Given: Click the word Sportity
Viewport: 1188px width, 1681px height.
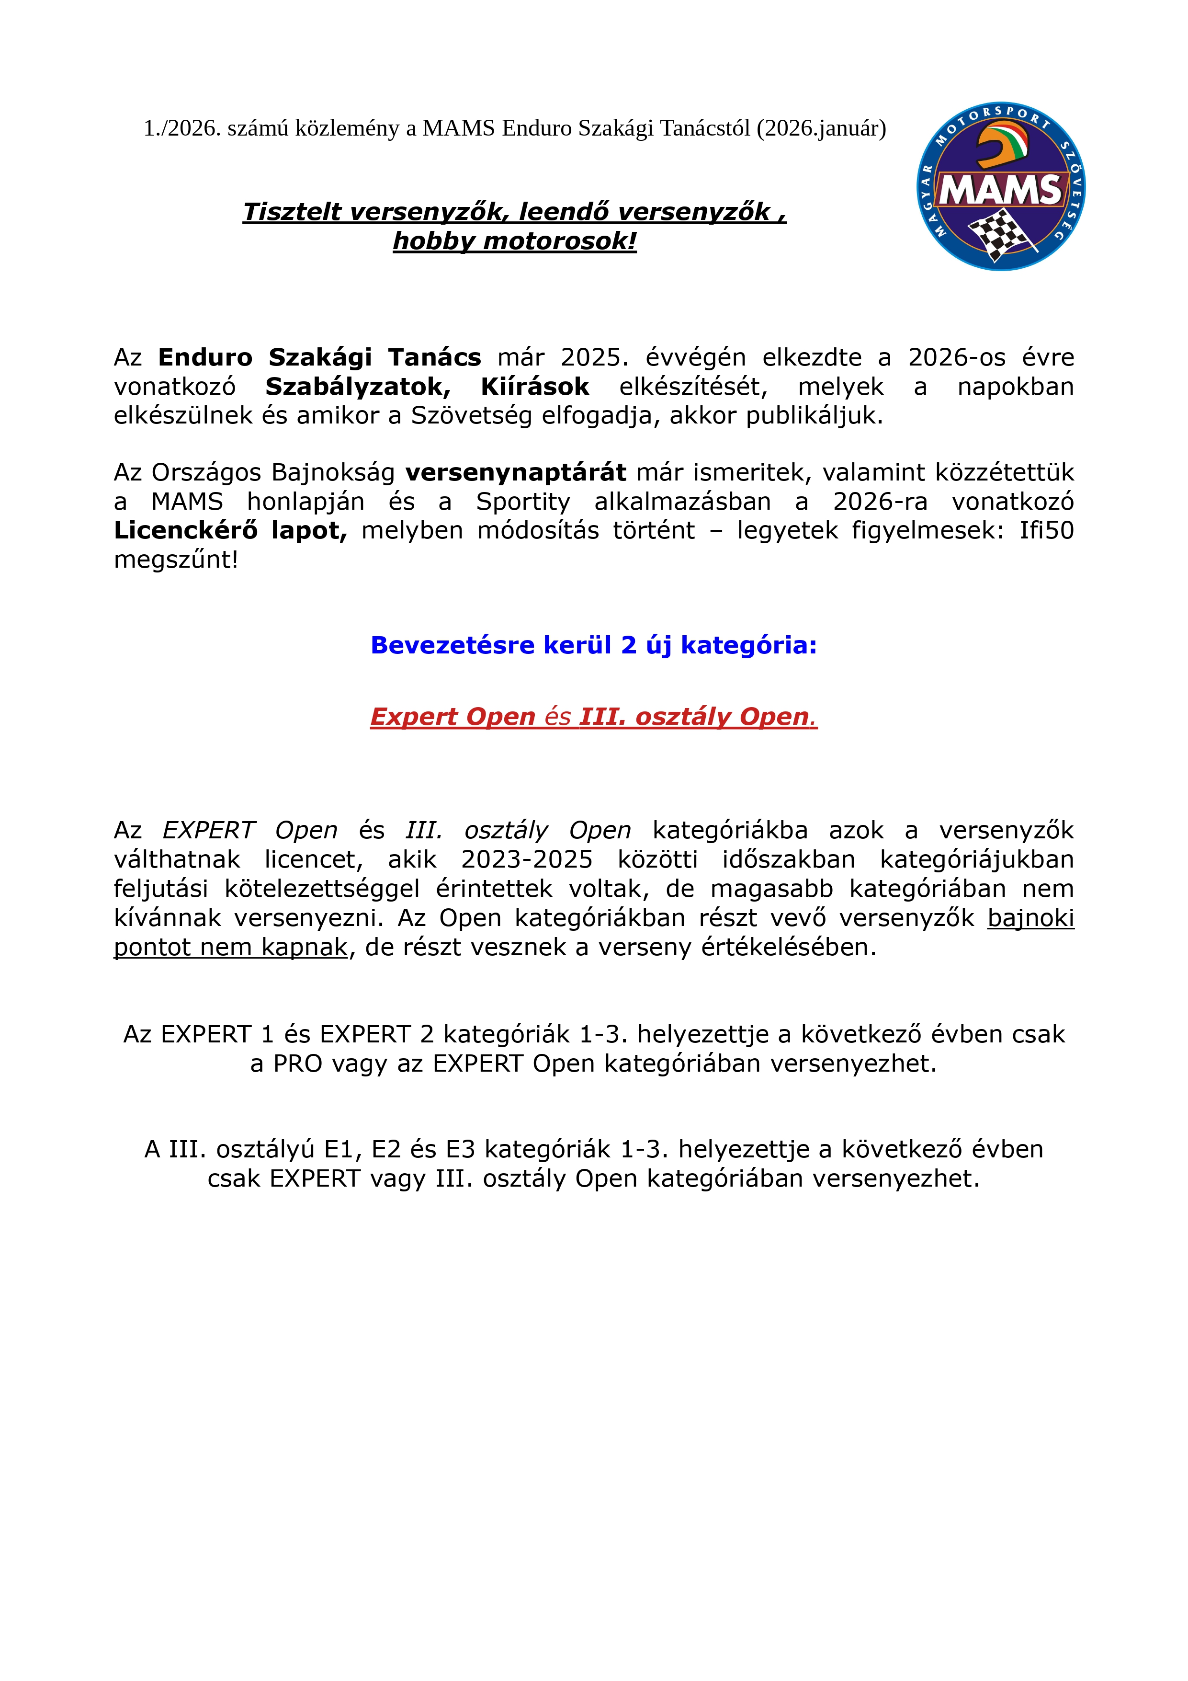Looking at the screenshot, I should tap(522, 502).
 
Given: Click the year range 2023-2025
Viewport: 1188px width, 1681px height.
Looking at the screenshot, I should tap(526, 859).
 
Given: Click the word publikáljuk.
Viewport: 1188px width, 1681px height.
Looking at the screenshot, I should tap(815, 415).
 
